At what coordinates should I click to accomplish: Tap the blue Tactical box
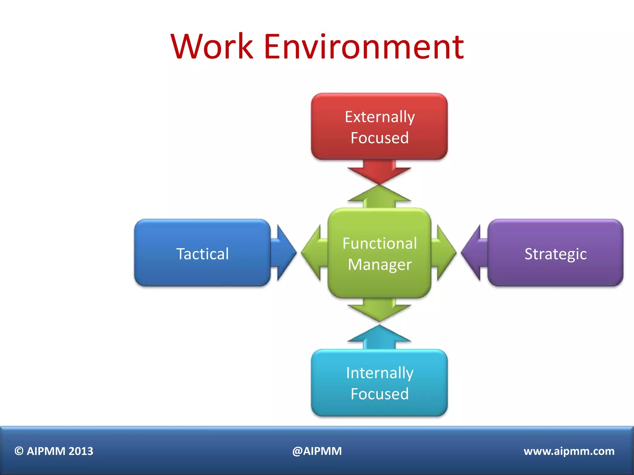pos(202,253)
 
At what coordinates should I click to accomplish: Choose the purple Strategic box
pos(555,253)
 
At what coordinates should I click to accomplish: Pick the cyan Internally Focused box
pos(379,383)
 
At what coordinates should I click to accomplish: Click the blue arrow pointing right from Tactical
pos(284,253)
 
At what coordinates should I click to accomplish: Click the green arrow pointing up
pos(379,197)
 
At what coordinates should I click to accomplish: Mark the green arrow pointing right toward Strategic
pos(445,253)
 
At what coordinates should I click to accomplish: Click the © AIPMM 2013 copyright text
pos(54,451)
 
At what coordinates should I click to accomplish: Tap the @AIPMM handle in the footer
pos(317,451)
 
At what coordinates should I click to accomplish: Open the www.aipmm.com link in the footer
pos(569,451)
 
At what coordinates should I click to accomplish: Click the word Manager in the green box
pos(380,265)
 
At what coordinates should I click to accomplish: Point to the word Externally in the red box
pos(380,117)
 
